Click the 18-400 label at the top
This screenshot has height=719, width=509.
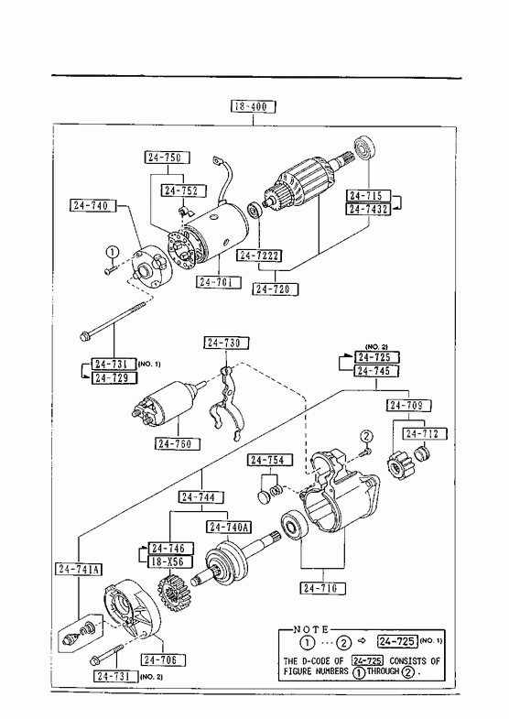pos(253,107)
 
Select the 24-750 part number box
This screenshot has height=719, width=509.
pos(168,158)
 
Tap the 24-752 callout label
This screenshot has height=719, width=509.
pos(183,191)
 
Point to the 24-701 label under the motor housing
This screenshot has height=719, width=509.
pos(219,281)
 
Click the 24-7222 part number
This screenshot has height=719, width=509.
pos(259,256)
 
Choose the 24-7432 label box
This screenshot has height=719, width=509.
pos(368,210)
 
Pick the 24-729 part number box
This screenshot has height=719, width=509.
pos(114,378)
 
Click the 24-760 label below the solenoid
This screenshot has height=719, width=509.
pos(178,444)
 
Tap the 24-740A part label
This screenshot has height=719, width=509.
pos(229,528)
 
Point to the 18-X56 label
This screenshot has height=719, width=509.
pos(170,561)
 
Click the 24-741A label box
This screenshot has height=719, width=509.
pos(80,569)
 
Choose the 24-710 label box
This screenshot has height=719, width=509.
pos(323,588)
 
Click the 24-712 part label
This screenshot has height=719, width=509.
pos(424,434)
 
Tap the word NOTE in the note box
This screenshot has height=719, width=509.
pos(311,629)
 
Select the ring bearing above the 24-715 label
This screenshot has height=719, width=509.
pos(365,148)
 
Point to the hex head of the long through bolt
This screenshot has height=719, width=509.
pos(84,337)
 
